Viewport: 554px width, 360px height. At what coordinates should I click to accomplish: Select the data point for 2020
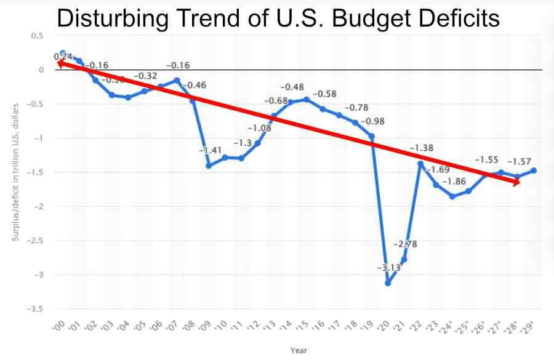pyautogui.click(x=388, y=283)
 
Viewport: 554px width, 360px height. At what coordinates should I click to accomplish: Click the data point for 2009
pyautogui.click(x=209, y=166)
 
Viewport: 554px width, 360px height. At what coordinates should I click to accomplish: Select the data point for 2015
pyautogui.click(x=307, y=99)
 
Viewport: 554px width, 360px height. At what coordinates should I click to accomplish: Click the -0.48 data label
pyautogui.click(x=292, y=87)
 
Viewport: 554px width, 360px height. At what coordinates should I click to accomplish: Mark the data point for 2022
pyautogui.click(x=420, y=164)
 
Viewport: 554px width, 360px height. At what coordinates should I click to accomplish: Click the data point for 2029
pyautogui.click(x=534, y=170)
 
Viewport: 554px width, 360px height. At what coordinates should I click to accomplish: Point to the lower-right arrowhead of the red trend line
pyautogui.click(x=516, y=182)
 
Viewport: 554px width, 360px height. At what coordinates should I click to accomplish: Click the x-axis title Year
pyautogui.click(x=299, y=350)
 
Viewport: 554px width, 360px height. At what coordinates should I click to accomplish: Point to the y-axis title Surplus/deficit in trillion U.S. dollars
pyautogui.click(x=15, y=172)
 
